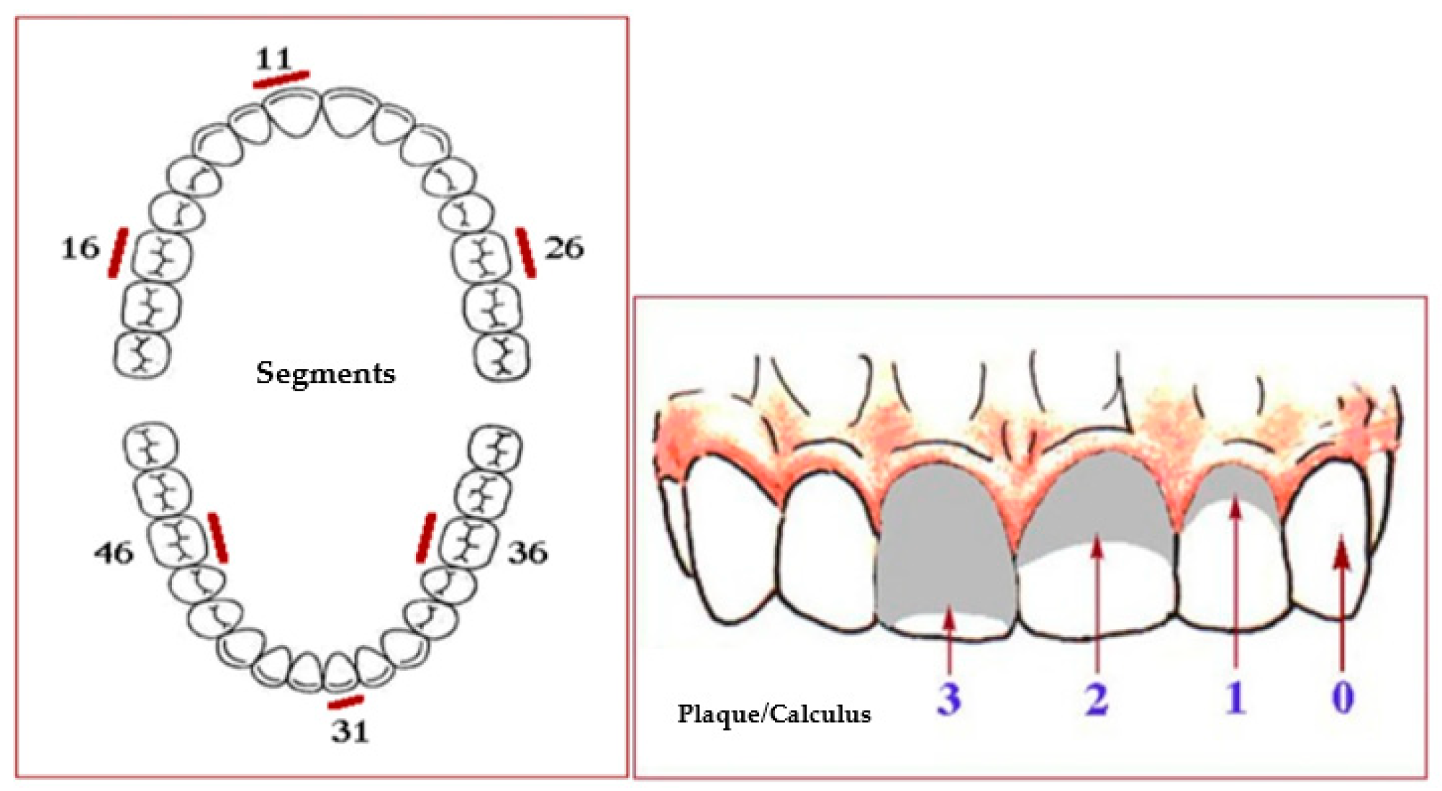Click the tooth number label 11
[x=273, y=58]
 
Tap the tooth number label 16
[x=80, y=248]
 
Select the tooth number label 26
[x=563, y=248]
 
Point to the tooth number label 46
[x=114, y=553]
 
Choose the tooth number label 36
[x=527, y=553]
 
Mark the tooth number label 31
[x=350, y=731]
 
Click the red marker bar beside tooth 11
[x=281, y=79]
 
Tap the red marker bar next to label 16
[x=118, y=252]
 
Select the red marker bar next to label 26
[x=526, y=252]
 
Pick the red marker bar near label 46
[x=218, y=538]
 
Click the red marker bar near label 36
[x=426, y=538]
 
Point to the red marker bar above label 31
[x=345, y=702]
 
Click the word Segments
[x=325, y=373]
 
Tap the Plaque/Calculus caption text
[x=774, y=713]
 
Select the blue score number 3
[x=949, y=697]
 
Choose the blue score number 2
[x=1097, y=697]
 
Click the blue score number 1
[x=1235, y=697]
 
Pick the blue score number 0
[x=1343, y=697]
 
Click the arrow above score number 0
[x=1341, y=605]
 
